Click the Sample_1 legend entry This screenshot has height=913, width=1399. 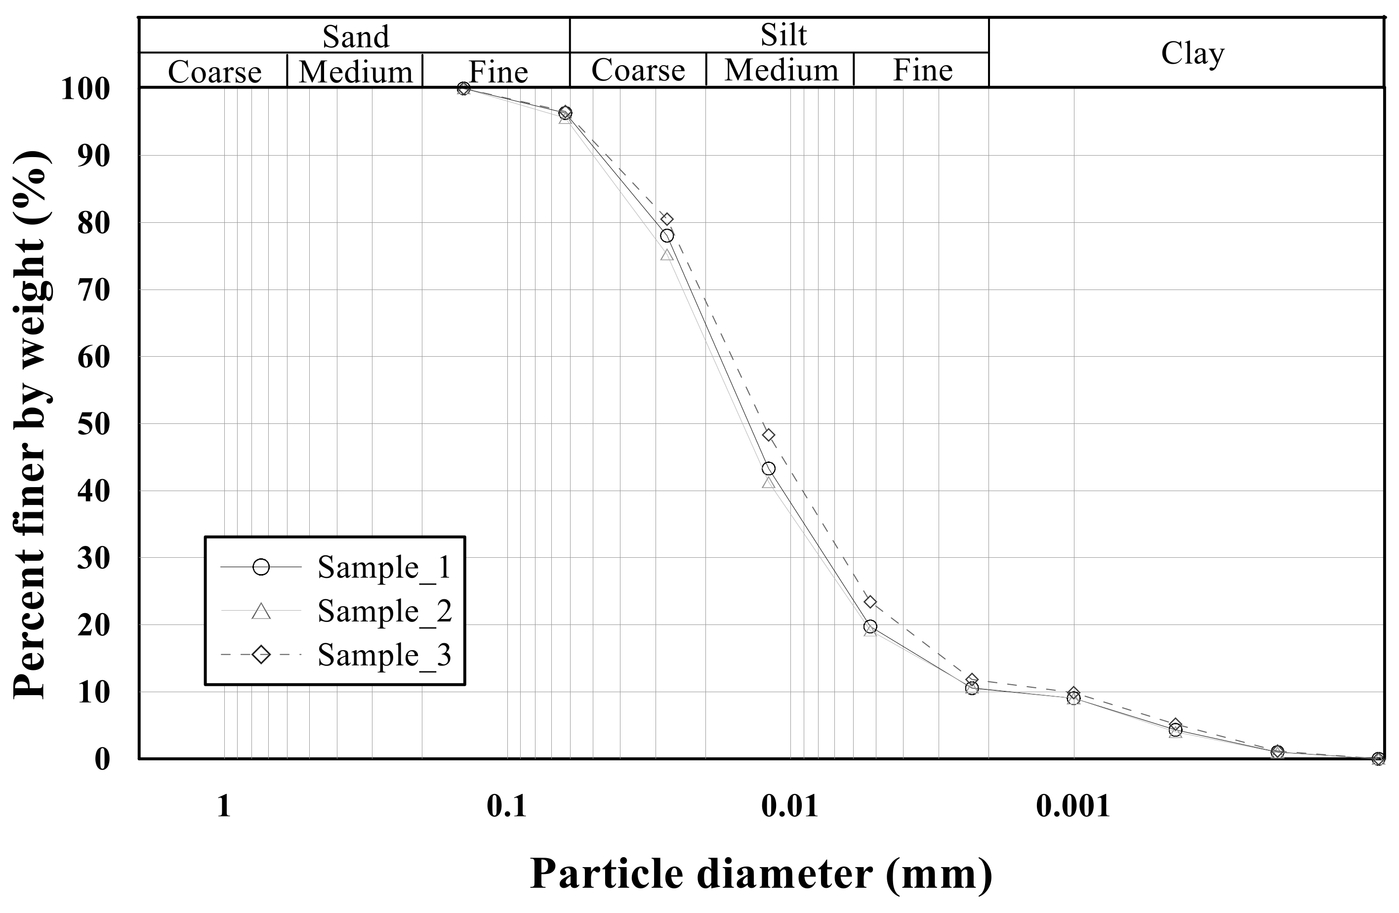click(x=383, y=567)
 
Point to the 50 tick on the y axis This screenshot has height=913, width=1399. click(x=93, y=424)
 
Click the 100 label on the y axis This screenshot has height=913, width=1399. click(x=86, y=89)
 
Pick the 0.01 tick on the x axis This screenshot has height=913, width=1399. click(x=789, y=806)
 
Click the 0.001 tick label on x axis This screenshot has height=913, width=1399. click(x=1073, y=806)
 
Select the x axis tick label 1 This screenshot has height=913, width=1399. click(x=223, y=806)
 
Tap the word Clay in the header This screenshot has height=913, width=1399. click(x=1192, y=53)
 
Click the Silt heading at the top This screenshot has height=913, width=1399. click(x=783, y=35)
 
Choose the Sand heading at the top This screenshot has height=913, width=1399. click(x=356, y=37)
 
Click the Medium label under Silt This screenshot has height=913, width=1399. click(x=781, y=71)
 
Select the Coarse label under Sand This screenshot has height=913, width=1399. click(x=214, y=72)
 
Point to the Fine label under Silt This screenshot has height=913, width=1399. click(x=922, y=71)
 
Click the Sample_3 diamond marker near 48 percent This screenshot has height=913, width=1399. click(x=768, y=435)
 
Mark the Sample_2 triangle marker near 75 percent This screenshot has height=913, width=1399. click(x=666, y=254)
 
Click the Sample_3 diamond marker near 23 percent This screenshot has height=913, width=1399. click(x=870, y=602)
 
